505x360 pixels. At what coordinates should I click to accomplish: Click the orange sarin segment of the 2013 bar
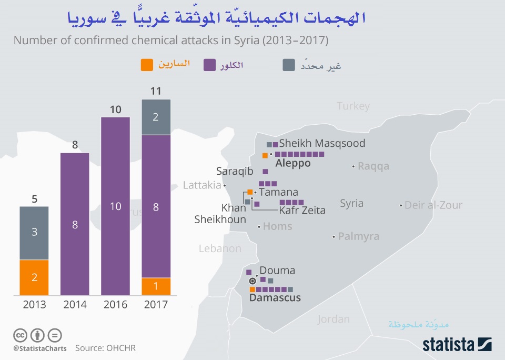pos(34,277)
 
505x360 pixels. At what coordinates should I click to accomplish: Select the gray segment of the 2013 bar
pos(34,233)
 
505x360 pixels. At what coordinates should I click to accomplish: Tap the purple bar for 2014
pos(75,224)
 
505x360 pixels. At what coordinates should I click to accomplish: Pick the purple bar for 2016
pos(115,206)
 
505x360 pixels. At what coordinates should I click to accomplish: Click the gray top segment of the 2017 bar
pos(156,117)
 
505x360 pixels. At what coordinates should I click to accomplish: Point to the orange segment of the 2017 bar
pos(156,286)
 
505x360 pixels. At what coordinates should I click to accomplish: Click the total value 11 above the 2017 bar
pos(156,91)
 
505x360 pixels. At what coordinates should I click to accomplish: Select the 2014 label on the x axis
pos(75,305)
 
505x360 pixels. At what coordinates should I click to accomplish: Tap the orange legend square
pos(147,65)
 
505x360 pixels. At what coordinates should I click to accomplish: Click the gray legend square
pos(288,65)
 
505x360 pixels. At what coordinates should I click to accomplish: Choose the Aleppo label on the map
pos(293,163)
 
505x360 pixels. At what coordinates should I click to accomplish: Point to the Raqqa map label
pos(373,166)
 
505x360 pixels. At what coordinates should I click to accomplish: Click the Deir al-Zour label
pos(433,205)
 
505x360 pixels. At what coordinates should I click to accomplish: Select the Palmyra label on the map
pos(358,236)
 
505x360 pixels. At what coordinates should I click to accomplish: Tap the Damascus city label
pos(275,298)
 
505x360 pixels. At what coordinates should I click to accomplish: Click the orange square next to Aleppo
pos(265,155)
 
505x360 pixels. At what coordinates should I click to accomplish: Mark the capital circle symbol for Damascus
pos(252,282)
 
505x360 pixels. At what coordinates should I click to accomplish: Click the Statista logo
pos(457,345)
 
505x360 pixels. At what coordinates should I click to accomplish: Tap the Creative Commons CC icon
pos(20,335)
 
